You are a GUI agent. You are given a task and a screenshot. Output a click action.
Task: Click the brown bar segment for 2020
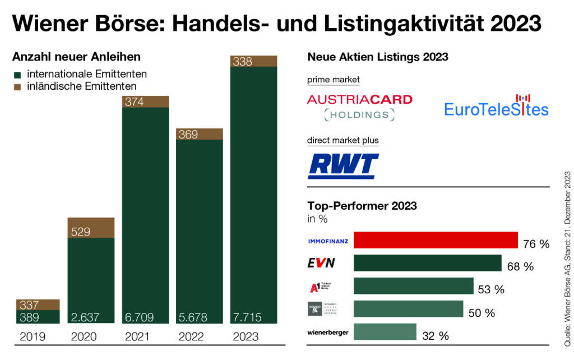91,228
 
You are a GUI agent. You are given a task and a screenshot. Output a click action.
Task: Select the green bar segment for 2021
145,213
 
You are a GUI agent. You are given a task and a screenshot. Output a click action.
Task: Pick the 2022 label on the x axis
192,337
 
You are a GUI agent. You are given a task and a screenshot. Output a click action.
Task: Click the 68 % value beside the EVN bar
520,266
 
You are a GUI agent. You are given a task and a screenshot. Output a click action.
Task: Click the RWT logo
343,165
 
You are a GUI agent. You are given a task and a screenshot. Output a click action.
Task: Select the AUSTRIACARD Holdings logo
359,107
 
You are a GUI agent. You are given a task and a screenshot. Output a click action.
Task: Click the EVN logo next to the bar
321,263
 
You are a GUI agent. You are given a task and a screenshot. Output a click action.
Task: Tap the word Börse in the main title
126,24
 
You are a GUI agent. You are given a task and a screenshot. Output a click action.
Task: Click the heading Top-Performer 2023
362,205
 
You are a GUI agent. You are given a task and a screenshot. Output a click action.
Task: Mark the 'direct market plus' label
342,140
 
